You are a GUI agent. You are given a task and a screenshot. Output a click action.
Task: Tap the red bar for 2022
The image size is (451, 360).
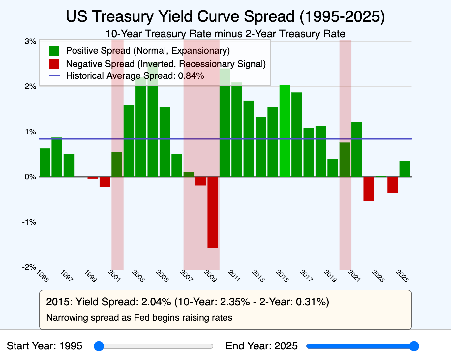click(x=369, y=189)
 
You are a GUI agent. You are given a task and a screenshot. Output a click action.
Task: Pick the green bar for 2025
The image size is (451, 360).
click(x=405, y=168)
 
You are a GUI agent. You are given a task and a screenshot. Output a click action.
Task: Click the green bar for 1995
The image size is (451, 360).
click(x=45, y=163)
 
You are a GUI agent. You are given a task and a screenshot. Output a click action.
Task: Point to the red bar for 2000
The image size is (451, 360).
click(x=105, y=182)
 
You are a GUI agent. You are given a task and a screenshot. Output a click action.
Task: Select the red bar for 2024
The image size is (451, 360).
click(x=393, y=185)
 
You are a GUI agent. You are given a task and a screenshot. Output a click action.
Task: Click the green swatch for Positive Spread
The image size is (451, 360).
click(x=54, y=51)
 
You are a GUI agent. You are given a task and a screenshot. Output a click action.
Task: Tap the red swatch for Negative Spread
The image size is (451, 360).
click(x=54, y=64)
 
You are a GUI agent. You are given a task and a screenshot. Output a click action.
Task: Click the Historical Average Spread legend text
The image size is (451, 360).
click(x=135, y=76)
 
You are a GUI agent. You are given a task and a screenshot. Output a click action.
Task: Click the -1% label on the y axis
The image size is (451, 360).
click(x=29, y=222)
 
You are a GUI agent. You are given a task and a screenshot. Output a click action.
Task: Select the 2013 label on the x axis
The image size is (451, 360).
click(x=258, y=276)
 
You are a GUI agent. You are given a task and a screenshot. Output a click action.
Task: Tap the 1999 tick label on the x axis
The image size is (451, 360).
click(x=90, y=276)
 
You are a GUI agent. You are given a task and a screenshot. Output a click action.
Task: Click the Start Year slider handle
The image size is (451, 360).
click(x=99, y=346)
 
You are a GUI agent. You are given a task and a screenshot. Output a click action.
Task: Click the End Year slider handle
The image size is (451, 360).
click(x=414, y=346)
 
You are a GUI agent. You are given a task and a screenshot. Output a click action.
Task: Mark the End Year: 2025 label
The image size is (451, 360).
click(x=261, y=346)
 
